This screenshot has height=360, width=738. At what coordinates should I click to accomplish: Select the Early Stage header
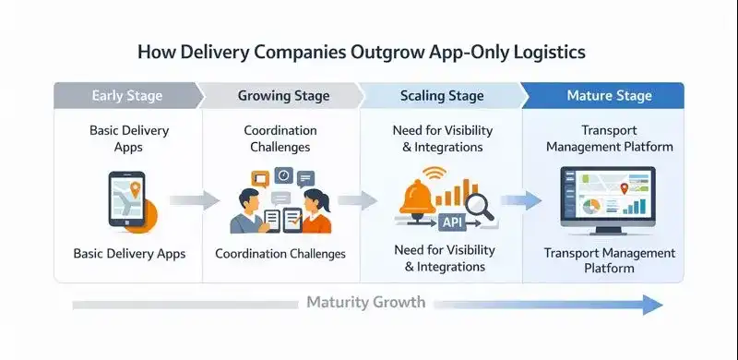point(126,96)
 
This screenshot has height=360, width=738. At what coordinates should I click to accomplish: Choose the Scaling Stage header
point(441,96)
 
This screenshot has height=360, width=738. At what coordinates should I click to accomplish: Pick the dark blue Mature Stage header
point(610,96)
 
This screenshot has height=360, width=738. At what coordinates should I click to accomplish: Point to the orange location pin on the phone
point(135,190)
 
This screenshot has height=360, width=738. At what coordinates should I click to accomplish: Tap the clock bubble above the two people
point(284,174)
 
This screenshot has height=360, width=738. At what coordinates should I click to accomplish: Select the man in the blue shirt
point(248,210)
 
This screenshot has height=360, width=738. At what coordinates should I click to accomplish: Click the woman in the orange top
point(313,210)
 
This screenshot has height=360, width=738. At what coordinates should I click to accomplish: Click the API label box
point(451,222)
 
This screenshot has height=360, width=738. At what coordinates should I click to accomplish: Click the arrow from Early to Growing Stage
point(195,200)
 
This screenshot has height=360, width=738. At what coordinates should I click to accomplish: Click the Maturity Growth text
point(366,302)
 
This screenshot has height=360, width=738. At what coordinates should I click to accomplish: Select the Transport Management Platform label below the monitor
point(609,260)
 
